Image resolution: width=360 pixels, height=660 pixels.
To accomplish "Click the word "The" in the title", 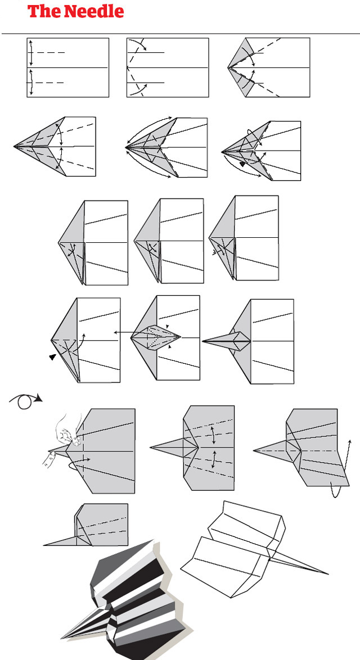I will coord(40,11).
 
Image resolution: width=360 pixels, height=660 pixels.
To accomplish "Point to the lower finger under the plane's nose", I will coord(49,460).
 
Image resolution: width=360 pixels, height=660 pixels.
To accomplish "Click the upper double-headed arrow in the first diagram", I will coord(31,53).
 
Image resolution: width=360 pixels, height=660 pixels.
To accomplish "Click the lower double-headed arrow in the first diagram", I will coord(31,83).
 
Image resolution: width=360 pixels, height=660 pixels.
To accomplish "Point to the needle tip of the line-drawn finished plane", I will coord(327,574).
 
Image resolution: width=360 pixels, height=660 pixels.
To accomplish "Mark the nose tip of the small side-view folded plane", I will coord(44,545).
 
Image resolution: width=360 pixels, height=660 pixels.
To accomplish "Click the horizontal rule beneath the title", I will coord(180,34).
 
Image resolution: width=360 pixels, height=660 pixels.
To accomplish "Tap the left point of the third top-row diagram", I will coord(228,68).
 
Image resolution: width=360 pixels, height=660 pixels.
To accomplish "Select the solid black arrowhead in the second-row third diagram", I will coord(242,164).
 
